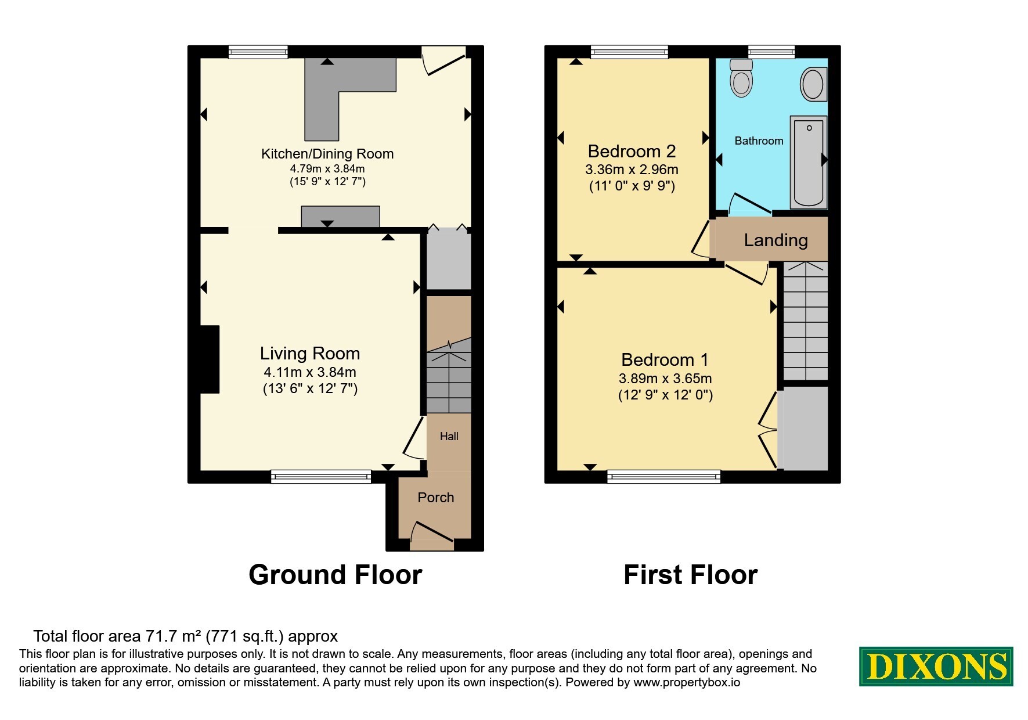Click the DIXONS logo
coord(936,666)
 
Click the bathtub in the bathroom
coord(808,162)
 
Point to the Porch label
coord(436,498)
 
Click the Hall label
coord(449,436)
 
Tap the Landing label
coord(776,240)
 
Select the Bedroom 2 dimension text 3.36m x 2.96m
coord(632,170)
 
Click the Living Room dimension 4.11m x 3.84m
coord(310,372)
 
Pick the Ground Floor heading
coord(336,575)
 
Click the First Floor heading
coord(691,575)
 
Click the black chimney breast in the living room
coord(210,359)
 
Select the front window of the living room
coord(321,477)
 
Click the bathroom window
coord(771,52)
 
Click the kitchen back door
coord(444,60)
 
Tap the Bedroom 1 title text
coord(665,360)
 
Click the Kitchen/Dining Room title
coord(327,154)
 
